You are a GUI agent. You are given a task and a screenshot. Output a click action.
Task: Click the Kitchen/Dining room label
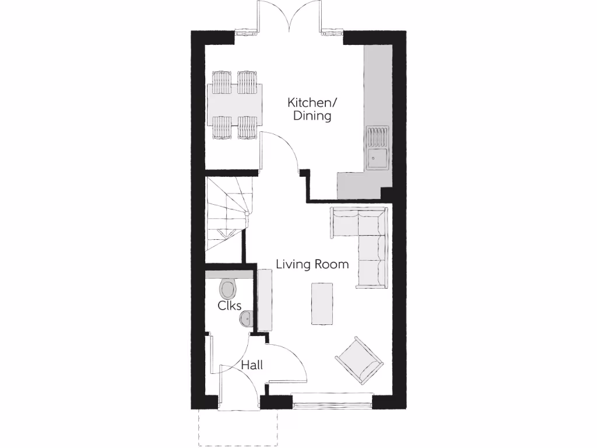312,109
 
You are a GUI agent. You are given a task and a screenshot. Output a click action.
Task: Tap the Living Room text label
312,264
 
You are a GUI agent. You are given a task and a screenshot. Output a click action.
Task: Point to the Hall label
252,365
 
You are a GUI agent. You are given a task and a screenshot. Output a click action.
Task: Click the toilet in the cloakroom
227,287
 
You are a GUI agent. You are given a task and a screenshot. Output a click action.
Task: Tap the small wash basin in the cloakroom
246,318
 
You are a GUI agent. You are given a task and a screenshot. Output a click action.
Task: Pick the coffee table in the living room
322,303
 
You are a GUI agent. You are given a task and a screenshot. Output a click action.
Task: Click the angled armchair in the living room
359,359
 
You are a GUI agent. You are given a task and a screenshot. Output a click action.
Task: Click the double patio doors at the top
289,17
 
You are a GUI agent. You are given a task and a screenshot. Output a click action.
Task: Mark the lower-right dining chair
247,127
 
